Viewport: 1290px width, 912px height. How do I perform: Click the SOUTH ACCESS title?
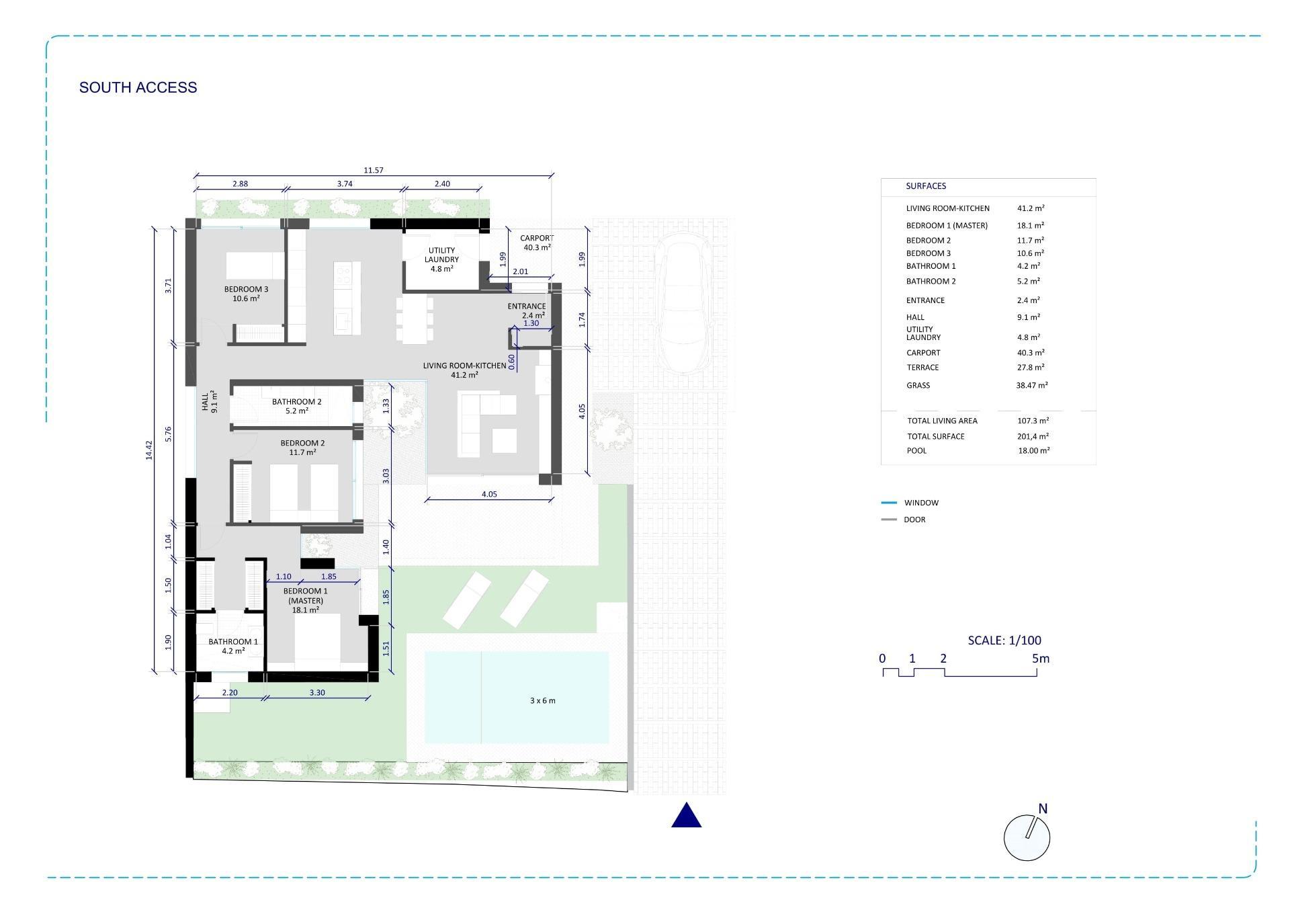tap(138, 87)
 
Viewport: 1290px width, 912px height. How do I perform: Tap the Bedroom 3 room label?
tap(246, 294)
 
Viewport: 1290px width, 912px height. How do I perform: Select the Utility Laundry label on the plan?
tap(441, 259)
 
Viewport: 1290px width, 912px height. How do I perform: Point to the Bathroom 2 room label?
tap(296, 406)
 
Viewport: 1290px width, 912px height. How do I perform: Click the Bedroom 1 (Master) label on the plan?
tap(306, 600)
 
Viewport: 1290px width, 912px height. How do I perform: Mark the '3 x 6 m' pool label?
tap(542, 700)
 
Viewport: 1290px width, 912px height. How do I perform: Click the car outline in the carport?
tap(683, 303)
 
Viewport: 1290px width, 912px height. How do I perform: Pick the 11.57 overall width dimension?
tap(374, 170)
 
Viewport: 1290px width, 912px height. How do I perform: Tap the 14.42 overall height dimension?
tap(149, 450)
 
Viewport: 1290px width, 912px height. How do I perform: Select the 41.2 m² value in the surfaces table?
tap(1031, 208)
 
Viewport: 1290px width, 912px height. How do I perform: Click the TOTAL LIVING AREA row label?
tap(942, 421)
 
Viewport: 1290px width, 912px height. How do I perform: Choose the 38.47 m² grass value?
tap(1032, 385)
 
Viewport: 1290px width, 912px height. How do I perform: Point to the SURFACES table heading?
tap(926, 186)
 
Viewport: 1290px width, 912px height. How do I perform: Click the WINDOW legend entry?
tap(921, 503)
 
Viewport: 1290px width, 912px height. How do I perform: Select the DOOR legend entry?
tap(914, 520)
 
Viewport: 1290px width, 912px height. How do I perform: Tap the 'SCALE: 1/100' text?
tap(1004, 640)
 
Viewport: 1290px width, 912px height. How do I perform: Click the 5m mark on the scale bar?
tap(1040, 659)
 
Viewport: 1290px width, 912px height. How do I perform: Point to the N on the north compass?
tap(1043, 809)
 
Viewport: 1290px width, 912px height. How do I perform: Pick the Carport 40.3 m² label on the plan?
tap(537, 243)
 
